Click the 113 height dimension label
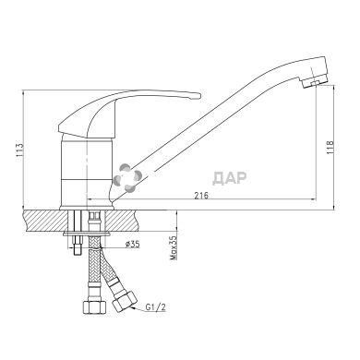pos(18,150)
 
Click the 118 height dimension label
pos(330,148)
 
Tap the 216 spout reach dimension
pos(201,195)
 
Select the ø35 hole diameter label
pos(132,244)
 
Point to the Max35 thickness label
pos(174,247)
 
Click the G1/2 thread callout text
pos(155,307)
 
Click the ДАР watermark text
pos(230,178)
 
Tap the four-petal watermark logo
pos(126,176)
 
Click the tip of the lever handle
pos(199,96)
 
